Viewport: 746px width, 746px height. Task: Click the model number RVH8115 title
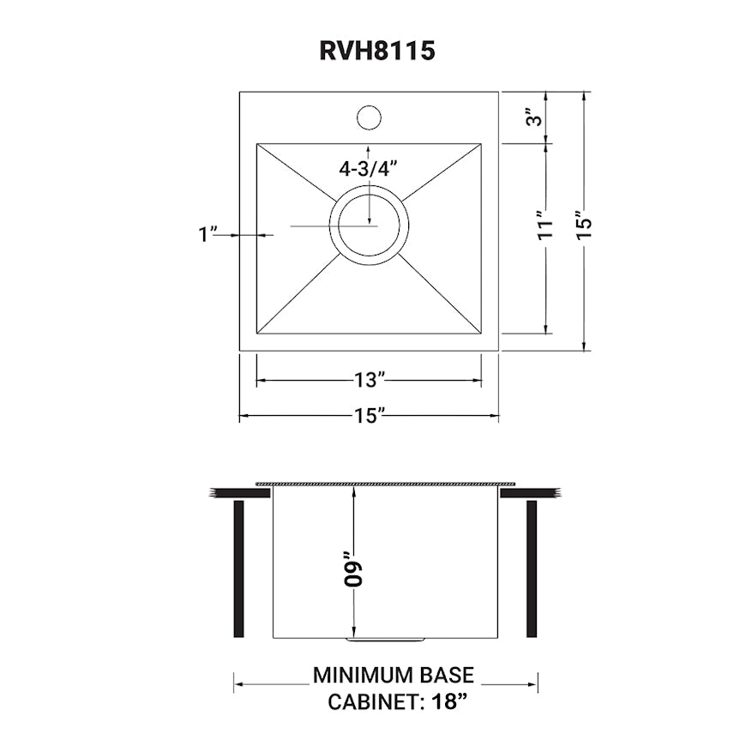[x=377, y=51]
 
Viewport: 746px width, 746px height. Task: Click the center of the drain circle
[x=369, y=226]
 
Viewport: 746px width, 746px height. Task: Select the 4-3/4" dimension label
[x=369, y=169]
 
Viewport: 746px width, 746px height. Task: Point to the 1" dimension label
[x=207, y=234]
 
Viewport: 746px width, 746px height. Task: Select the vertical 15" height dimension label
[x=585, y=223]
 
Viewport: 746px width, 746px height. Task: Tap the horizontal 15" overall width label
[x=369, y=416]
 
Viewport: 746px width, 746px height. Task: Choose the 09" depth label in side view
[x=352, y=567]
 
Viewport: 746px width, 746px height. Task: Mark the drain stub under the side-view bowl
[x=385, y=640]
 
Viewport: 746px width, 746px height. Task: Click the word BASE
[x=450, y=676]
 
